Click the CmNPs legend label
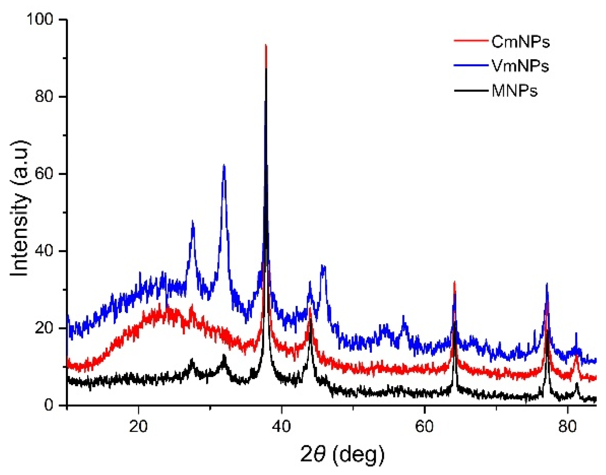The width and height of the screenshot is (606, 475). [520, 42]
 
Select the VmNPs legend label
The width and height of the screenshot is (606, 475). [520, 66]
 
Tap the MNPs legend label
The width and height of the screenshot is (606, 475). [514, 91]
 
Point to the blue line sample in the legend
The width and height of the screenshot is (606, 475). [471, 66]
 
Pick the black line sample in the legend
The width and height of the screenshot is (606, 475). [471, 90]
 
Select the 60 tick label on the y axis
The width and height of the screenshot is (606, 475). [44, 174]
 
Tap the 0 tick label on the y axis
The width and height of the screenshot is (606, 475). [49, 405]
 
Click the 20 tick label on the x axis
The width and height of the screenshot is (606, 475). [139, 426]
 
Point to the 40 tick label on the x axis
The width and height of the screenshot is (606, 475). [281, 426]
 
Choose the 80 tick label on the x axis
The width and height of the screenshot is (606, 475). [567, 426]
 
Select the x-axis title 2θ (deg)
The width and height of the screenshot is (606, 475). [342, 455]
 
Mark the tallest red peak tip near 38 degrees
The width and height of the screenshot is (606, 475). [266, 45]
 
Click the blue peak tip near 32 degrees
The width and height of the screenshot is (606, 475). [224, 165]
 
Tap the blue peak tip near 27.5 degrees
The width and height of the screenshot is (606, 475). [193, 221]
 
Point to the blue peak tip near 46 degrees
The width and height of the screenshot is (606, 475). [323, 266]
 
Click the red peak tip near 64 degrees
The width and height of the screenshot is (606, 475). [454, 282]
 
